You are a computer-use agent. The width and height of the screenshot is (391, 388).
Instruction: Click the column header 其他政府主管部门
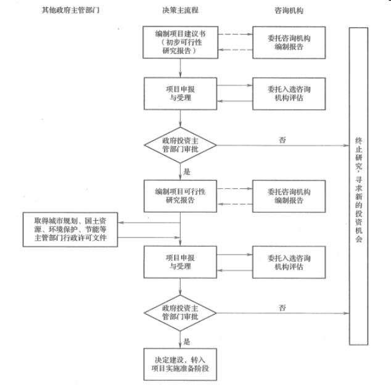[71, 11]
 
